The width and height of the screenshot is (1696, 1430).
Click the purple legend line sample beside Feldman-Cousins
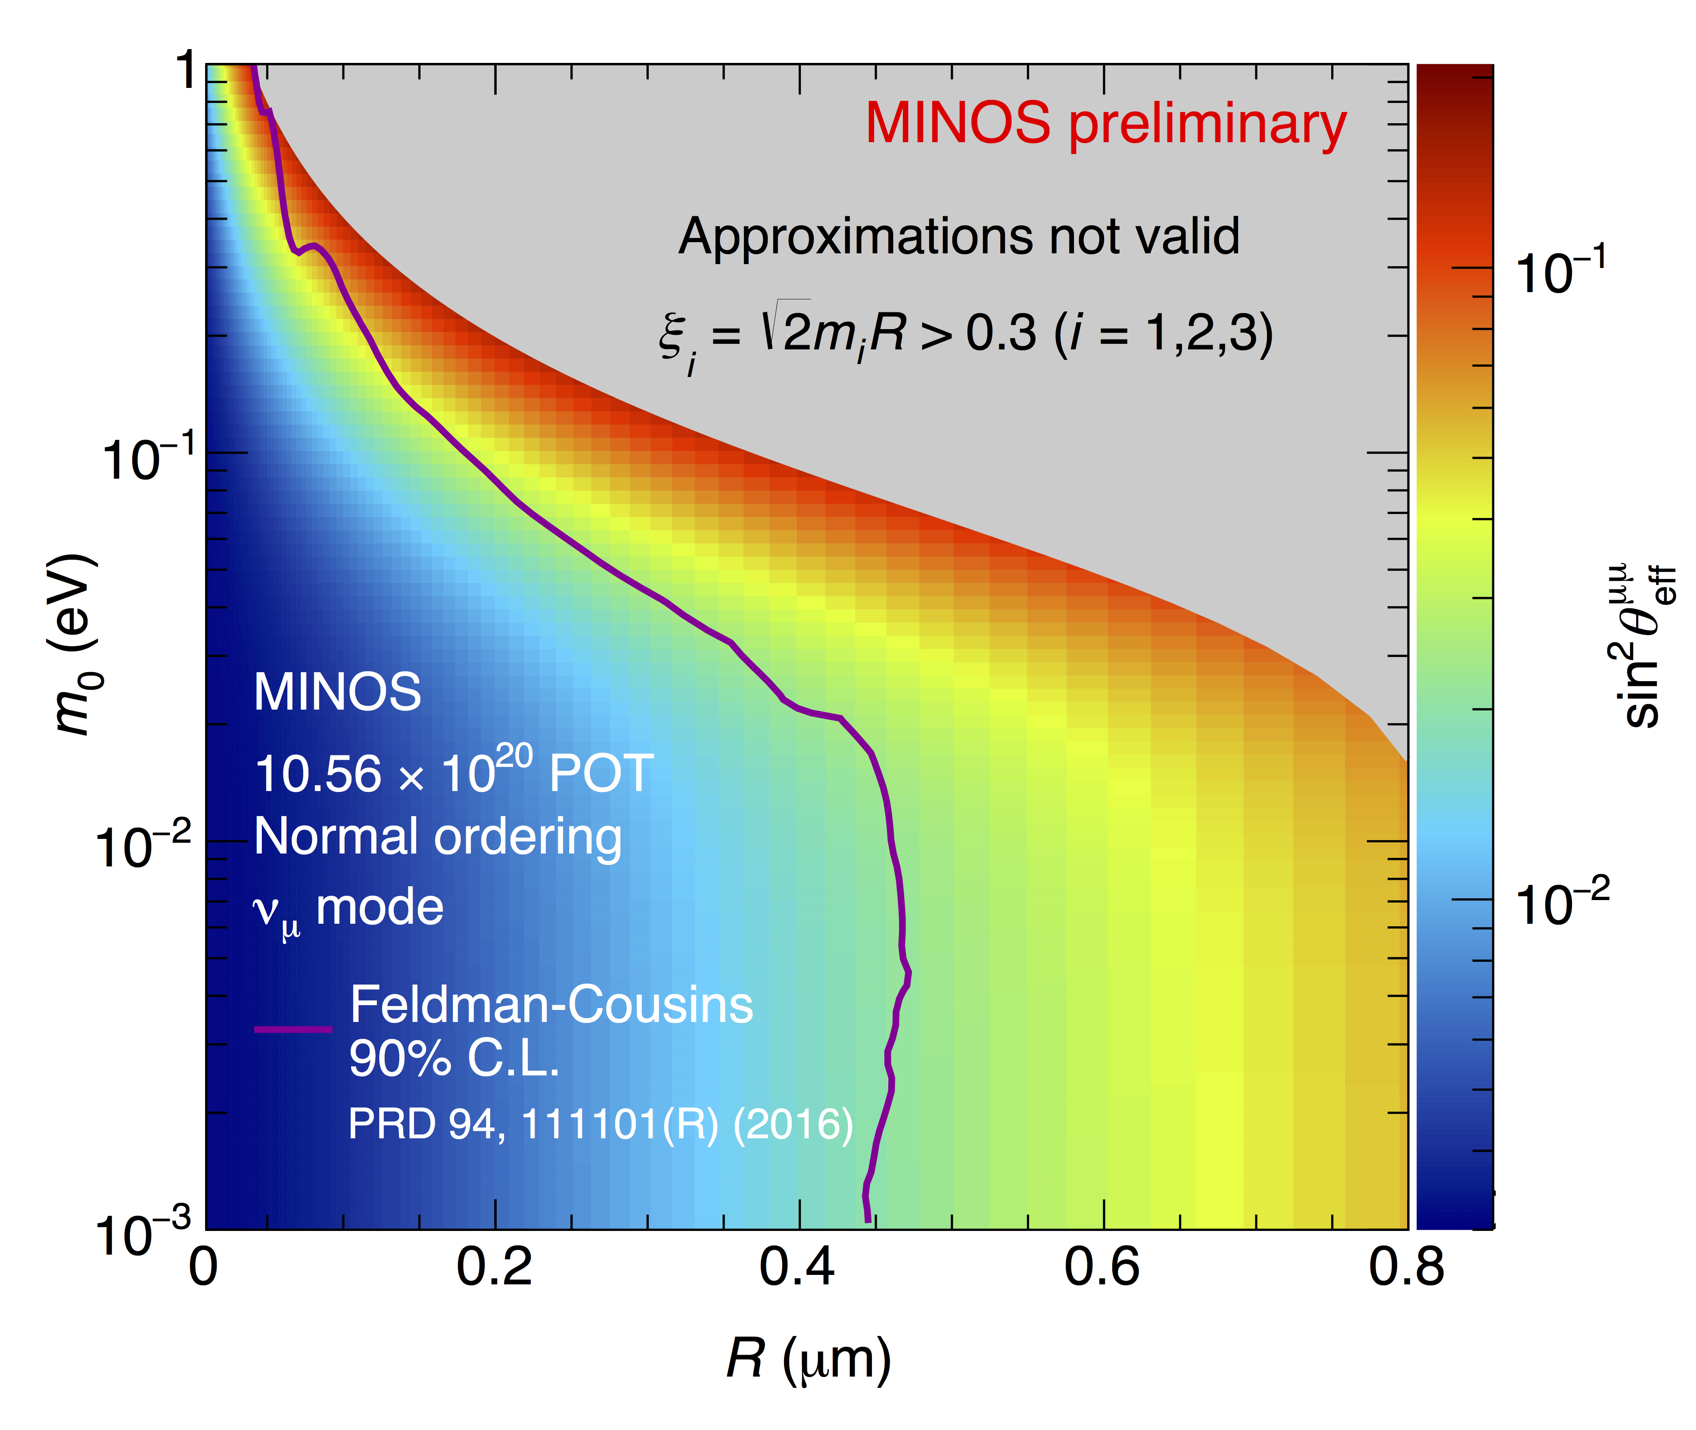coord(293,1029)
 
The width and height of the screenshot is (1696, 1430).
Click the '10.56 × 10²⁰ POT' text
coord(454,771)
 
